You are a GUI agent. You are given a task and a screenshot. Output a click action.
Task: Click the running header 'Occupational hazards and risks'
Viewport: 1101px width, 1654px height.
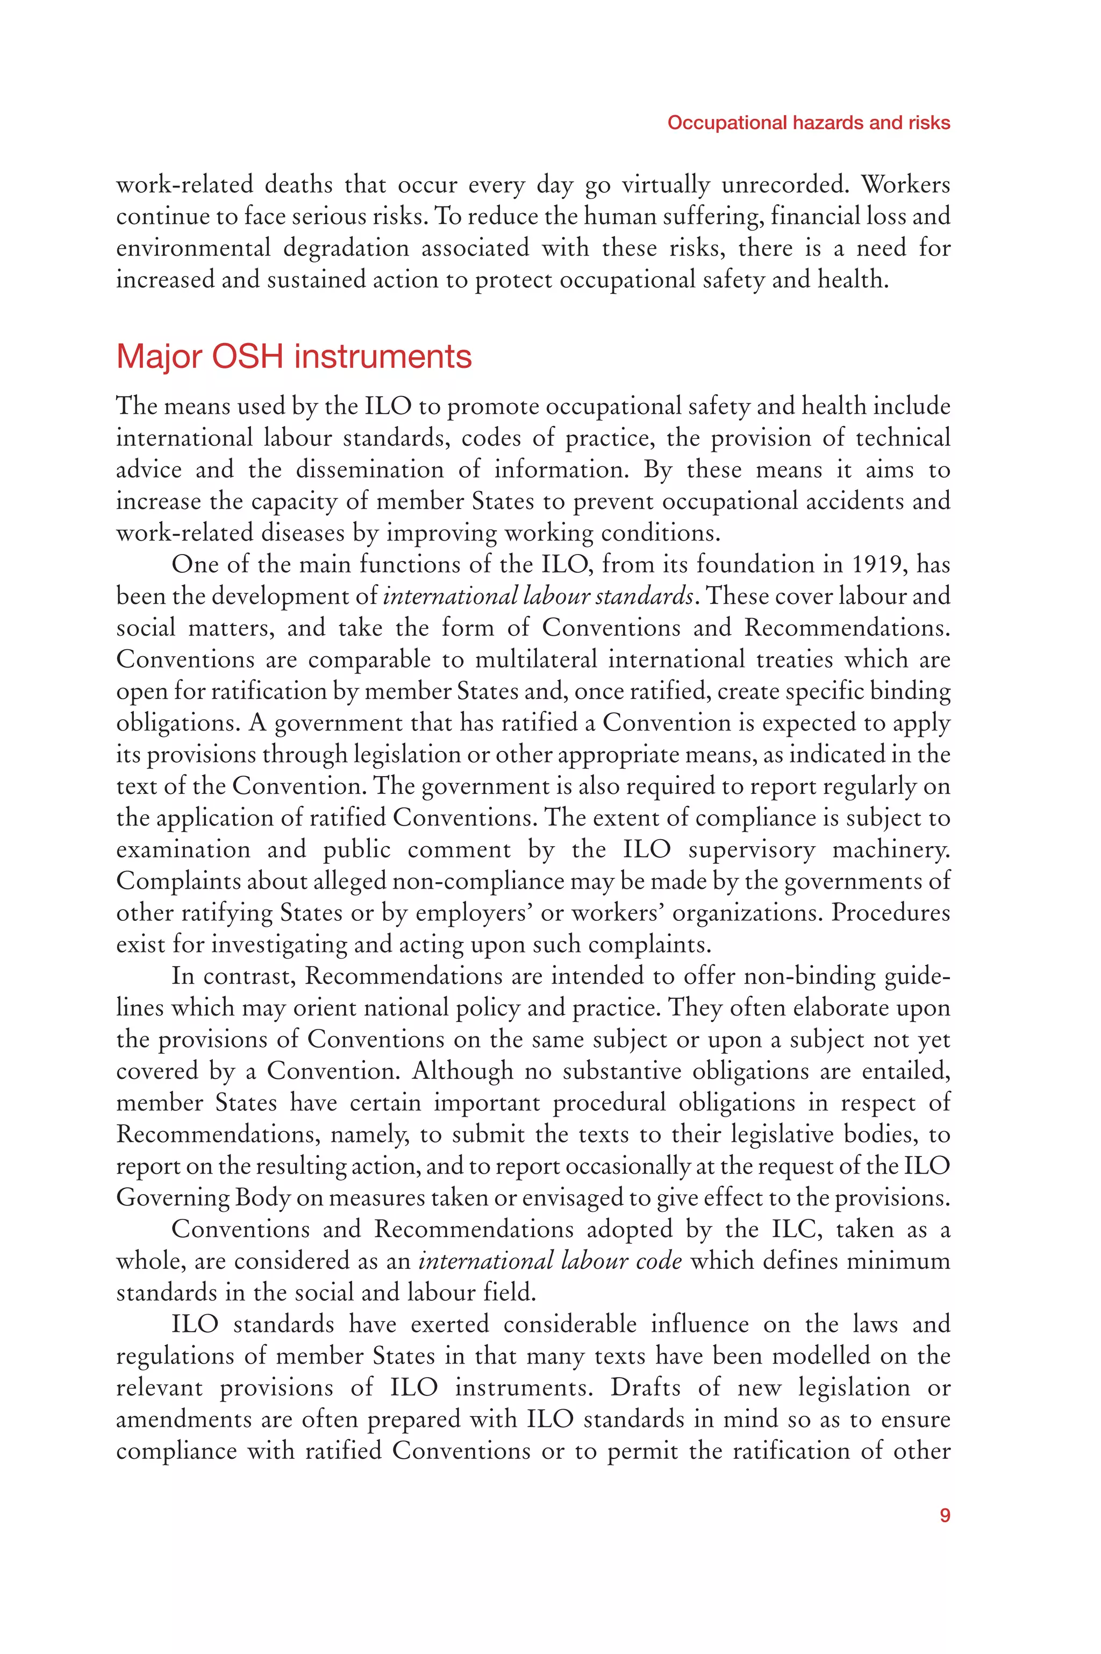click(808, 123)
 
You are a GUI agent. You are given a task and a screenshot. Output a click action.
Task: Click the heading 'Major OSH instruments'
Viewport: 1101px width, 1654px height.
click(294, 357)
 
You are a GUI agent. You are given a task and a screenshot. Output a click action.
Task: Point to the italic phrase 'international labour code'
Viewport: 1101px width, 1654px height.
click(550, 1261)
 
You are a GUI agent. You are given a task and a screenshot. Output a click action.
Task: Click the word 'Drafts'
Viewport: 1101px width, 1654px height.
click(645, 1388)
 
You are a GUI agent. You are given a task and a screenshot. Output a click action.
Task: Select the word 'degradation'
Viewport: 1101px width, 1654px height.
click(346, 248)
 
